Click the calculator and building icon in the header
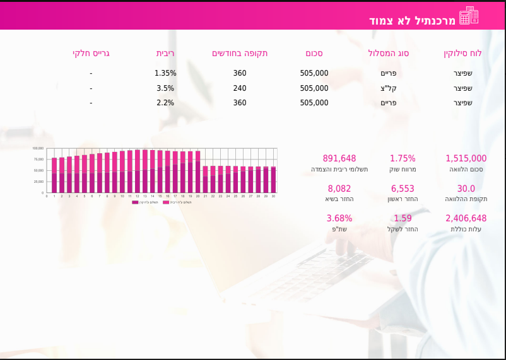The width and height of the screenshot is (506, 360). [469, 16]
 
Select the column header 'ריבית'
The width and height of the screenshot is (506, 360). [166, 53]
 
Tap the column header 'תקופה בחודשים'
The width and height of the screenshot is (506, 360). [240, 53]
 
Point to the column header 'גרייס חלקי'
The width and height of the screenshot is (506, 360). [91, 53]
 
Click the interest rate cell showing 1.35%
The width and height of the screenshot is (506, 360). [165, 73]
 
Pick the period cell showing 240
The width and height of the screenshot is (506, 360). [240, 88]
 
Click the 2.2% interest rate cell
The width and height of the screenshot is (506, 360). [165, 103]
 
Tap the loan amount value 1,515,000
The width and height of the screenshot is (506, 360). [466, 158]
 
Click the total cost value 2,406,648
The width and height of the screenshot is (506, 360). [466, 218]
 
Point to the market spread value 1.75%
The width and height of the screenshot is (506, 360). [403, 158]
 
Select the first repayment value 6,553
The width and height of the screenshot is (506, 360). [403, 189]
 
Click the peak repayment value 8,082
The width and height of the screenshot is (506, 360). [339, 189]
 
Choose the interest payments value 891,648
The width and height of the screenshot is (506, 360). [339, 158]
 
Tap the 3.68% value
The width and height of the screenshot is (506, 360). [339, 218]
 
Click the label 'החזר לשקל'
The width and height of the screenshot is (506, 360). [403, 229]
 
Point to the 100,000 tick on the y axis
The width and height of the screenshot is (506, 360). [38, 148]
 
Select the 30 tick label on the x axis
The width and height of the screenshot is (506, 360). [273, 196]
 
